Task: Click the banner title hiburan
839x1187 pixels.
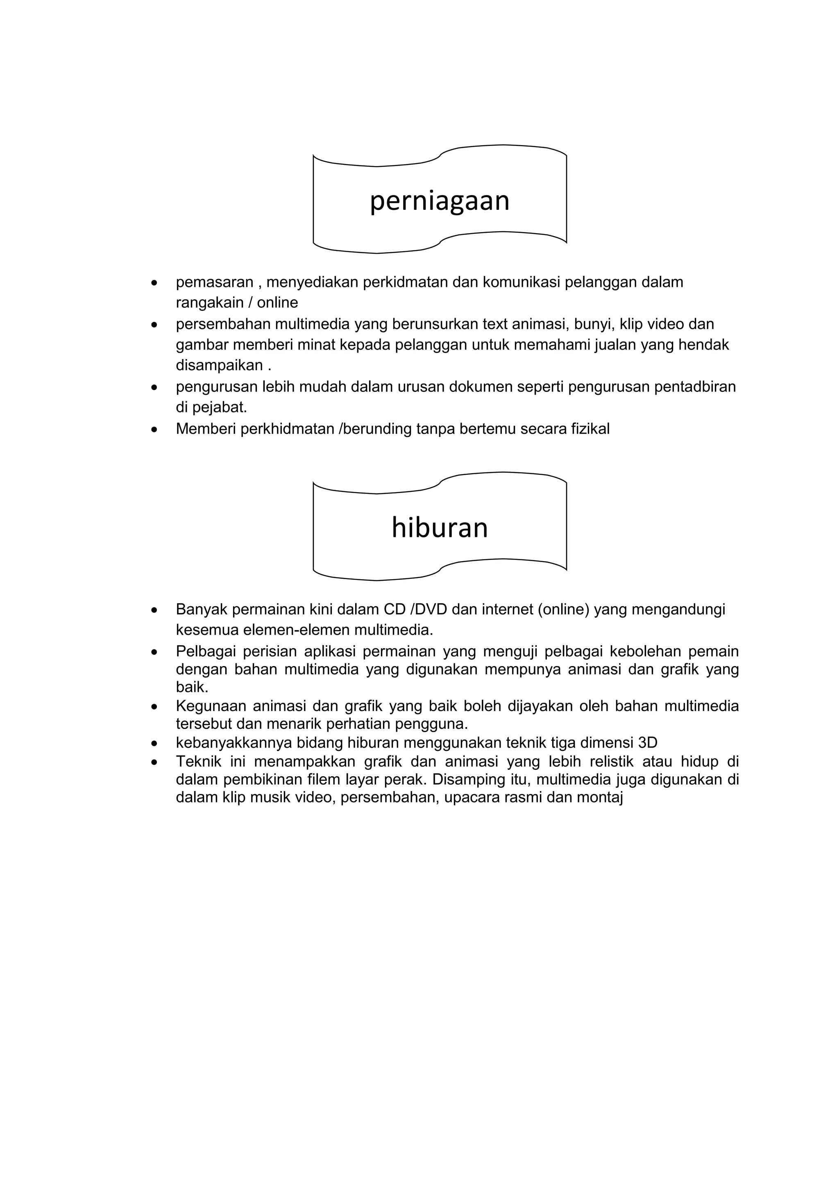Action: (440, 528)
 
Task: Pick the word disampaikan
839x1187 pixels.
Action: (220, 366)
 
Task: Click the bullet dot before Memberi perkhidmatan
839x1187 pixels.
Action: (154, 429)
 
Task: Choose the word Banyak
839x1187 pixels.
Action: (202, 609)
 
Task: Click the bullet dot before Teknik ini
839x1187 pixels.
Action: (154, 762)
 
